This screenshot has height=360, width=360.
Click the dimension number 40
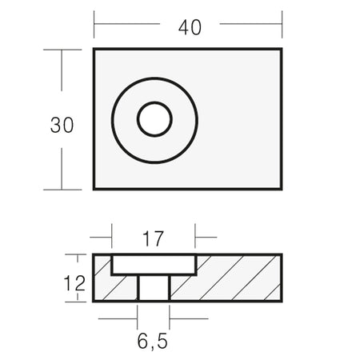(190, 27)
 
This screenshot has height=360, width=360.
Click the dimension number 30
(62, 125)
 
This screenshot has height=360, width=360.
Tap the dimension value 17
(153, 239)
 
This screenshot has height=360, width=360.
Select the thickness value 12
(74, 283)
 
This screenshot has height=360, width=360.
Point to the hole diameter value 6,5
(153, 342)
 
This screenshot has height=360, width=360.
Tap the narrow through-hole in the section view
(154, 288)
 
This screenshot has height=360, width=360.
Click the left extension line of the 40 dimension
(94, 25)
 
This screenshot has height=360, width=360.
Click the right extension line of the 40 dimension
(282, 25)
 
